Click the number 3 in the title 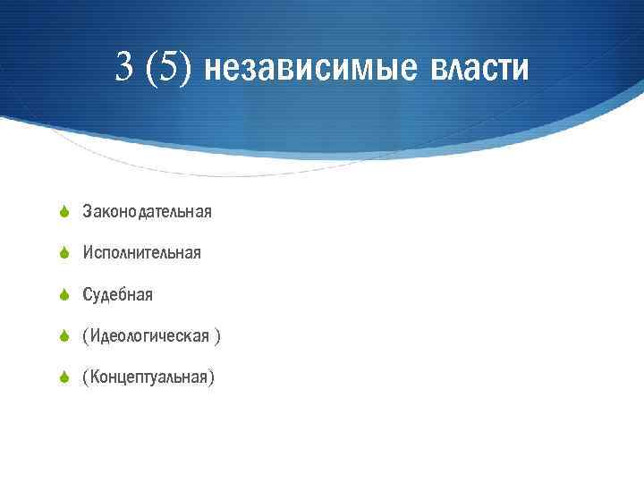click(126, 67)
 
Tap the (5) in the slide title click(168, 67)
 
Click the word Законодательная click(147, 212)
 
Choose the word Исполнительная click(141, 253)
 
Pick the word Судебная click(117, 294)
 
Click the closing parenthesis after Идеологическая click(217, 335)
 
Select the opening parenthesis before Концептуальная click(85, 377)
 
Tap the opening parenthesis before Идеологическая click(85, 335)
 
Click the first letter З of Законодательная click(87, 212)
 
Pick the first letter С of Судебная click(87, 294)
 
